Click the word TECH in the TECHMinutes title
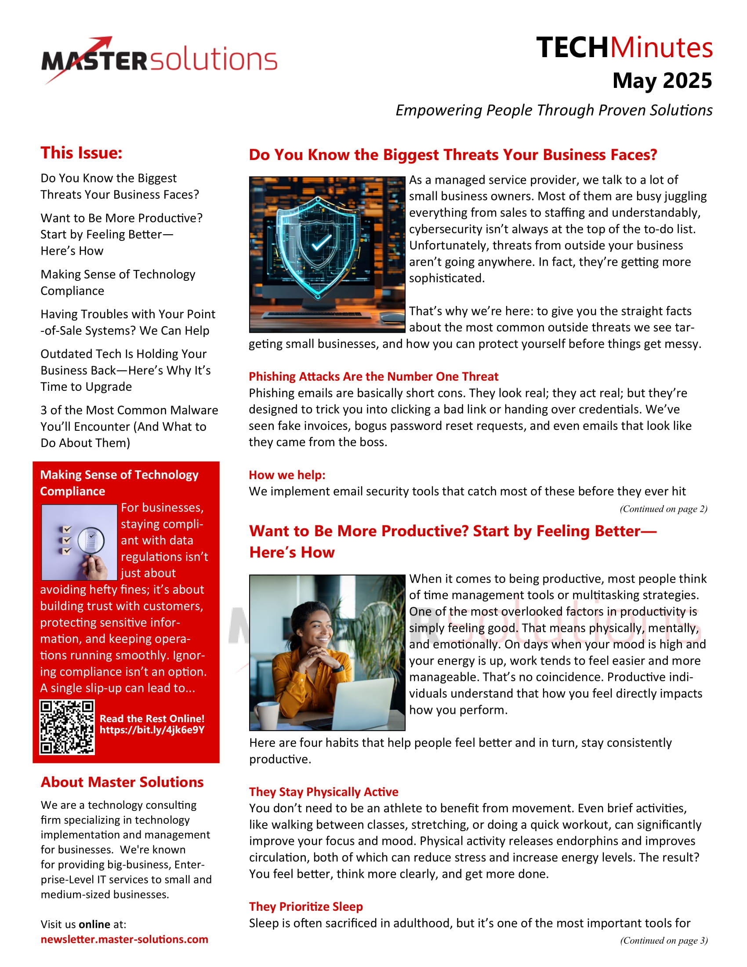[572, 48]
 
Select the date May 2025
[662, 80]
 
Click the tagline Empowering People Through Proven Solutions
[554, 110]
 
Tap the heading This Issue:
[81, 153]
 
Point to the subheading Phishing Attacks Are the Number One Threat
[373, 376]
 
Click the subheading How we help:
[287, 475]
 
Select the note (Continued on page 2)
[663, 509]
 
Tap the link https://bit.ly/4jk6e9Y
[152, 730]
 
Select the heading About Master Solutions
[122, 782]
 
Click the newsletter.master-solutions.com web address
[124, 939]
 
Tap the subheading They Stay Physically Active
[323, 792]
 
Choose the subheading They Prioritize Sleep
[306, 906]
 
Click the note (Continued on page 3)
[664, 940]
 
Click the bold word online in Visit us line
[94, 924]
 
